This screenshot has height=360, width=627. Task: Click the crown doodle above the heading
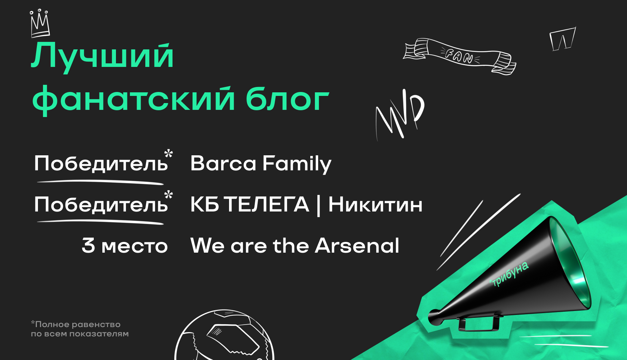click(x=40, y=23)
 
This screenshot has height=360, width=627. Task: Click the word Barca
click(x=223, y=164)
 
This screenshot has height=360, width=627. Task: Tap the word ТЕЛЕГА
click(x=267, y=205)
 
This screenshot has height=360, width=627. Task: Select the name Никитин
click(x=375, y=205)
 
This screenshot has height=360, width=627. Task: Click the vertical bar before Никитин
click(x=319, y=205)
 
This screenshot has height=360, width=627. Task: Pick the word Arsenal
click(x=357, y=246)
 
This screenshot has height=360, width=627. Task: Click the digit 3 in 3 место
click(x=88, y=245)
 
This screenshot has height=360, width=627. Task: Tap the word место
click(x=135, y=247)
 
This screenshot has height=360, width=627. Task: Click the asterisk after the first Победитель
click(x=169, y=154)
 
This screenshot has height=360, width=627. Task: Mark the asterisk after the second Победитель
click(x=169, y=195)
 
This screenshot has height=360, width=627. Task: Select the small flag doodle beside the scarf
click(x=562, y=39)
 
